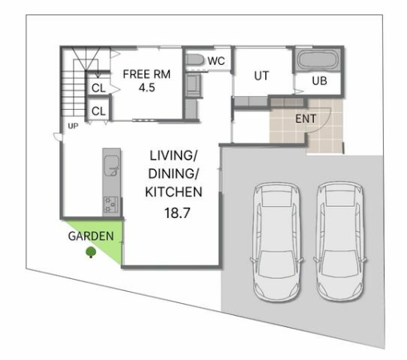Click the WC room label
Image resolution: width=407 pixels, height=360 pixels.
[216, 61]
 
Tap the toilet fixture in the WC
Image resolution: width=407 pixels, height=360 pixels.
[195, 59]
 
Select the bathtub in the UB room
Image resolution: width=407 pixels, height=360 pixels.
[317, 60]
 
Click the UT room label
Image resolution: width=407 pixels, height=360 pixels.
[261, 76]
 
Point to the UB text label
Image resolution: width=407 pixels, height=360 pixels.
[320, 81]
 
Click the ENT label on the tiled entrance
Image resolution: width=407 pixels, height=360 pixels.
[306, 119]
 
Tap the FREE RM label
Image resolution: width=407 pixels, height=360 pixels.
[147, 75]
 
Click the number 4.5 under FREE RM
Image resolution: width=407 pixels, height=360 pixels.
[147, 87]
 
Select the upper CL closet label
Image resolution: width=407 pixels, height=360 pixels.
[99, 88]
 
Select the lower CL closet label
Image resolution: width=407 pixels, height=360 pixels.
[99, 111]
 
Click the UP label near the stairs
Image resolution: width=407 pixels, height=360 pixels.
[73, 126]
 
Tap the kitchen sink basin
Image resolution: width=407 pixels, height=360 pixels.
[111, 166]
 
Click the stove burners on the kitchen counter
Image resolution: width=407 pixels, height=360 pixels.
[111, 204]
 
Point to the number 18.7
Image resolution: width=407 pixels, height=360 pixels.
[177, 213]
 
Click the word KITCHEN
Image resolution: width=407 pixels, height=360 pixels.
[174, 192]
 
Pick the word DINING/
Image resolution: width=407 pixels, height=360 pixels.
[173, 174]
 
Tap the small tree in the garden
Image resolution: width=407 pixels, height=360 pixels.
[91, 253]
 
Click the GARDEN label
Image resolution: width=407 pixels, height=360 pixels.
[91, 236]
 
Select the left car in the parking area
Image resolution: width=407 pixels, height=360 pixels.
[276, 242]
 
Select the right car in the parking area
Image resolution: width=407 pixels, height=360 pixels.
[340, 242]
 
